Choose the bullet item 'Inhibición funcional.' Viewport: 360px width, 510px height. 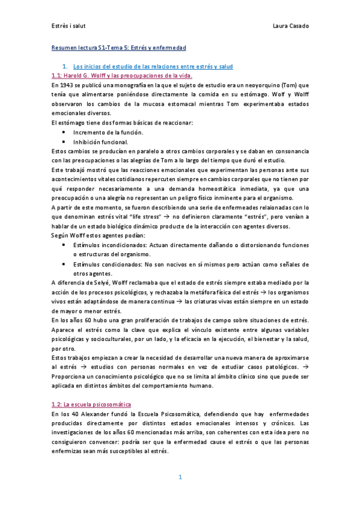point(100,142)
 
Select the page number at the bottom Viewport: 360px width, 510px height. point(180,478)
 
